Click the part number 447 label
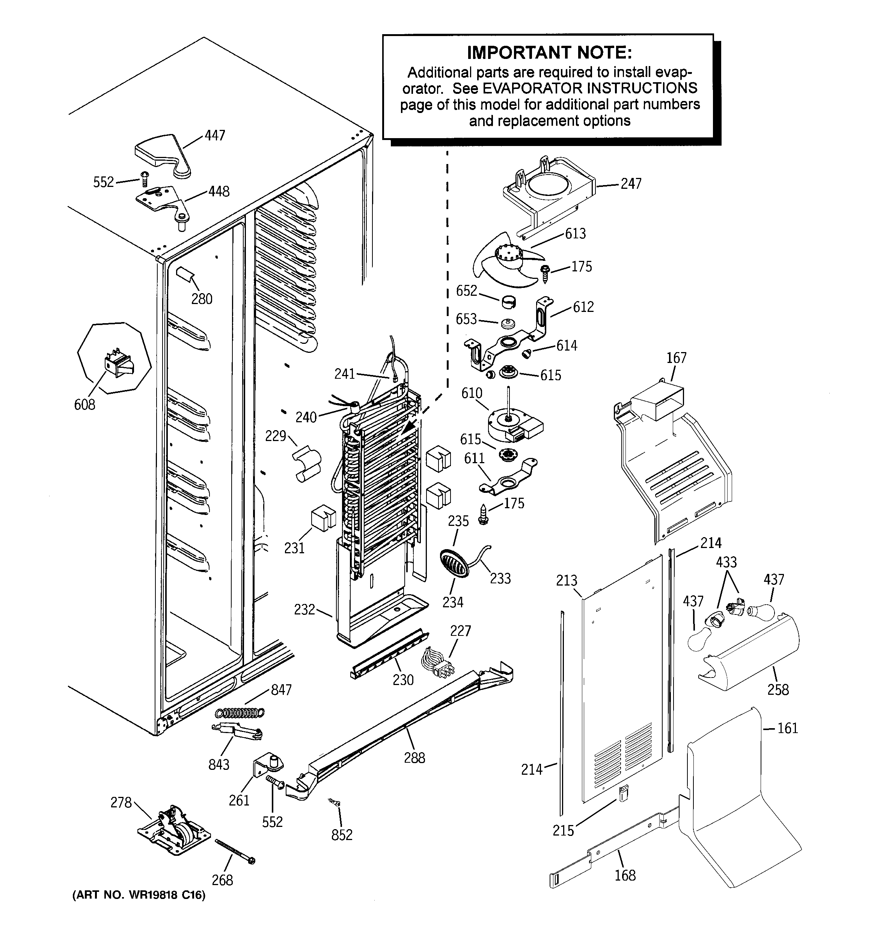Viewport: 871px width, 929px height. (215, 136)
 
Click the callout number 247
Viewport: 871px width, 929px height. (631, 184)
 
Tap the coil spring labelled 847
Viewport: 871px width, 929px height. (240, 713)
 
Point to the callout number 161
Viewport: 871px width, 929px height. (787, 728)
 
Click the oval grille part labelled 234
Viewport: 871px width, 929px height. (454, 563)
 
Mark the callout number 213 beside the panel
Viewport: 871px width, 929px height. (567, 580)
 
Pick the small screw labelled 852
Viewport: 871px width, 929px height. (335, 803)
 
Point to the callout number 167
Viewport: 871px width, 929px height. (676, 358)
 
